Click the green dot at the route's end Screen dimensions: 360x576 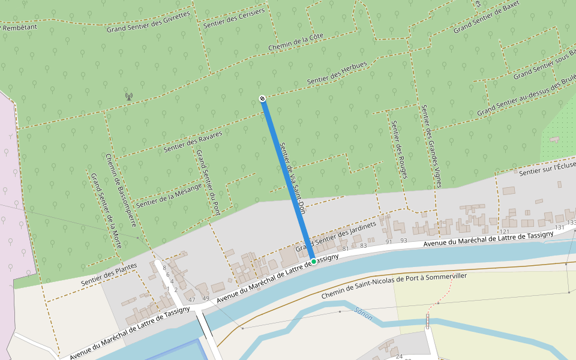(313, 262)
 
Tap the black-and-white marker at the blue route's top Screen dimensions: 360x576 (262, 98)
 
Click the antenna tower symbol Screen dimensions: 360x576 (128, 96)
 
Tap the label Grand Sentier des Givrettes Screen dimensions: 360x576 (148, 22)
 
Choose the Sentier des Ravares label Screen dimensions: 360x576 (193, 142)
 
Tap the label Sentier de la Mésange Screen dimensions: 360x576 (169, 194)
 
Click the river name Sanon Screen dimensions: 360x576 (364, 313)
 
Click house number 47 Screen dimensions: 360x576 (192, 299)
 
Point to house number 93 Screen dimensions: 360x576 (404, 241)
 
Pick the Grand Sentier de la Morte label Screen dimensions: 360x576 (106, 211)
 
